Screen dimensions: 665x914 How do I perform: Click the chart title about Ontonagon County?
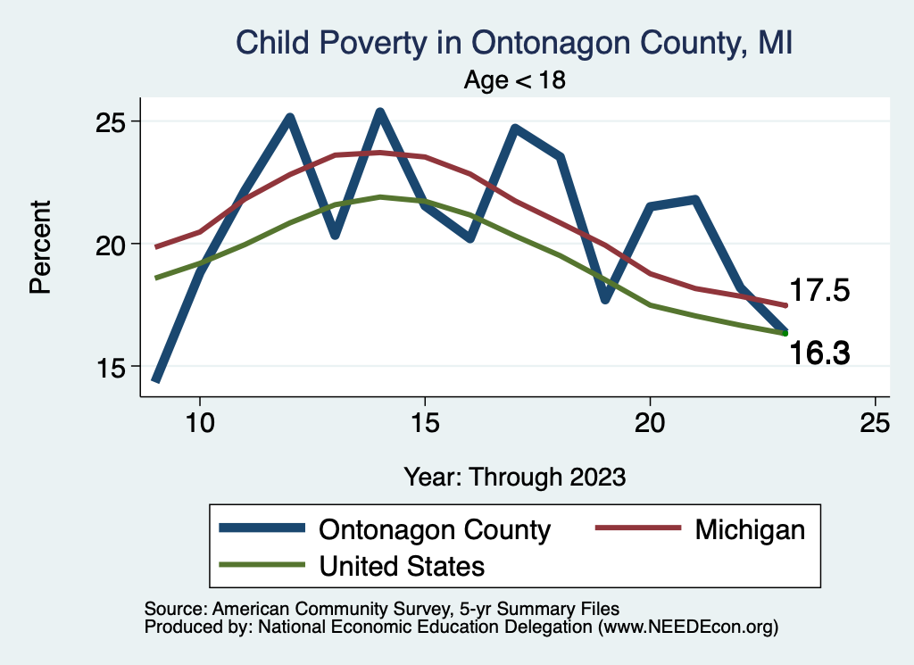click(x=514, y=43)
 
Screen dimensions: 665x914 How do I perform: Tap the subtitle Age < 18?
click(x=514, y=80)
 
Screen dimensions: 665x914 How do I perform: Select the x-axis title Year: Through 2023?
click(x=514, y=476)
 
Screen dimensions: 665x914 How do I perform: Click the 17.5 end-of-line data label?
click(x=819, y=291)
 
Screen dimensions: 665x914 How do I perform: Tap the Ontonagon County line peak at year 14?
click(x=379, y=113)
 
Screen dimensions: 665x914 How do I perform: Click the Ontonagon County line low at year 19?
click(x=605, y=299)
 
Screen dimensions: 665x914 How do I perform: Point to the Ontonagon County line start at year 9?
click(x=156, y=378)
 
